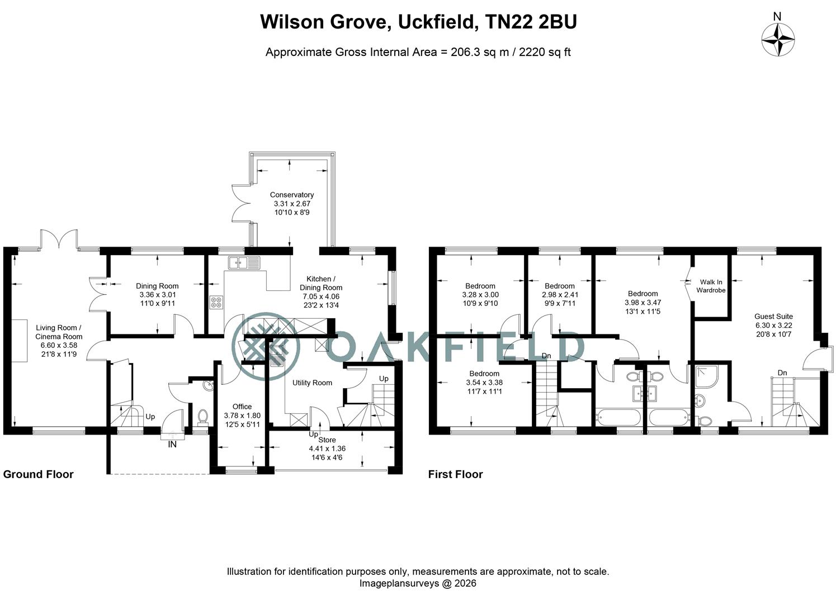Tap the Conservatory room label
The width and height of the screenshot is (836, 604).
292,195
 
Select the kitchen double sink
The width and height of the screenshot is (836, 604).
245,262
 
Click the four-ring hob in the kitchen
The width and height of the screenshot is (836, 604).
216,303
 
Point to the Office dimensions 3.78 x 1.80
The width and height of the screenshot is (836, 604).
242,416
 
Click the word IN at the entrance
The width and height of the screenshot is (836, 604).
172,445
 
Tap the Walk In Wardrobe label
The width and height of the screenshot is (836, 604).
711,286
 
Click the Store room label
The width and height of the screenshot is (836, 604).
327,440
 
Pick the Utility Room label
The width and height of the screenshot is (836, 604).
312,383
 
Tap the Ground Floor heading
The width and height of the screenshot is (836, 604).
39,474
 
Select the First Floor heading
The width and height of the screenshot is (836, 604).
455,474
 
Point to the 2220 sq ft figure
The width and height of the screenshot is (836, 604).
545,53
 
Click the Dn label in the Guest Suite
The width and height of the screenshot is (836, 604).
782,372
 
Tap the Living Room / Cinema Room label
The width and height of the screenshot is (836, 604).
59,332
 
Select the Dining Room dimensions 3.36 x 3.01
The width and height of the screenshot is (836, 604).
157,295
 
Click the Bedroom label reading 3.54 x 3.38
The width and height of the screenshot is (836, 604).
484,374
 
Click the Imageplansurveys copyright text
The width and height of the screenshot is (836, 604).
417,583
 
